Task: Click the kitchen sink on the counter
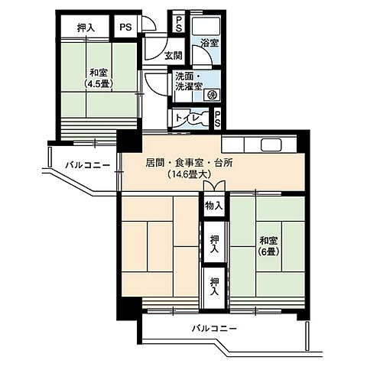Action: click(271, 145)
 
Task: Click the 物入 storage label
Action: click(214, 204)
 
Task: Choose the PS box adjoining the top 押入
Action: click(125, 27)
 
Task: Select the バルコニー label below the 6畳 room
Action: click(214, 328)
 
